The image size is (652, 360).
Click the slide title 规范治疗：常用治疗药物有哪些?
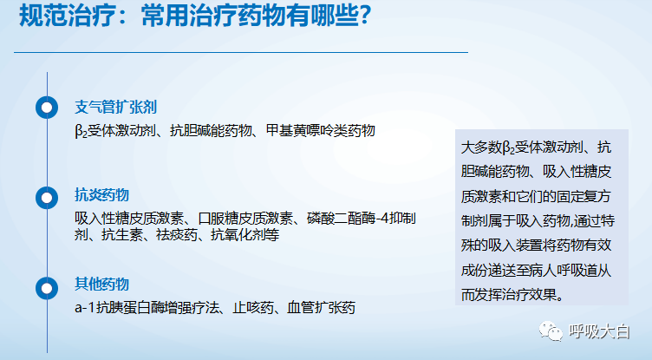click(194, 16)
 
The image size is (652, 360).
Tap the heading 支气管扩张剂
click(115, 108)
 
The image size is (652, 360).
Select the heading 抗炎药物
click(102, 195)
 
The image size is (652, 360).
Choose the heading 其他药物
click(102, 285)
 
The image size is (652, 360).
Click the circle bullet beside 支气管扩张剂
click(47, 108)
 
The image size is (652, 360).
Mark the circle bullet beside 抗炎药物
click(47, 198)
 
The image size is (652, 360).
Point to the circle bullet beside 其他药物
click(47, 288)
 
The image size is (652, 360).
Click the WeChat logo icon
click(551, 331)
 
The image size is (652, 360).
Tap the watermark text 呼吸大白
click(600, 331)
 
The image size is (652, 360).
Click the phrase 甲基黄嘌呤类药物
click(321, 131)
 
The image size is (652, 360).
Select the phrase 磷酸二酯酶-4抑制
click(362, 218)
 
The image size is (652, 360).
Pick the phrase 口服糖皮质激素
click(245, 218)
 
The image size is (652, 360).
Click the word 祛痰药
click(177, 235)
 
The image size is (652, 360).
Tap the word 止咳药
click(253, 308)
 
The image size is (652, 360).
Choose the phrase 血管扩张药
click(322, 308)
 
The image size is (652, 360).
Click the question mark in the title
click(365, 16)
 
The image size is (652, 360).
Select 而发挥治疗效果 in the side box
click(509, 295)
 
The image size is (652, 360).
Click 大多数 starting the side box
click(481, 147)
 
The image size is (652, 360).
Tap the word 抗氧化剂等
click(244, 235)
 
